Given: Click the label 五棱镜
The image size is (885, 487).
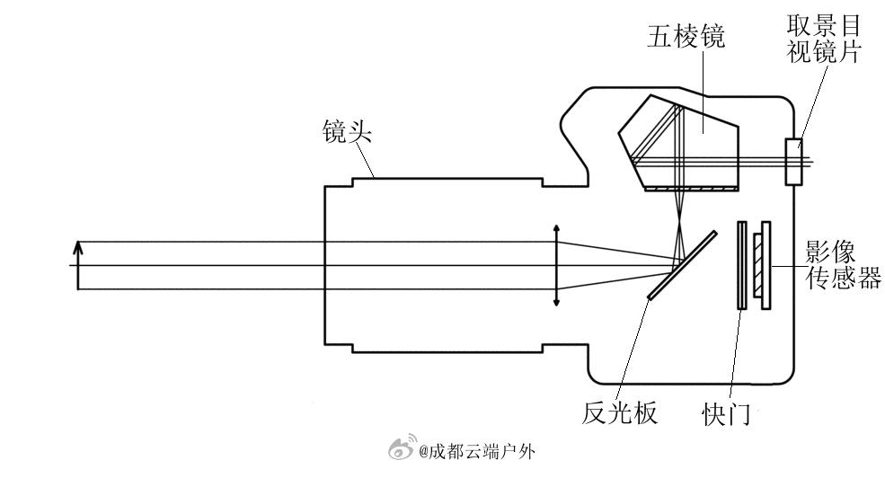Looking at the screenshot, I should pyautogui.click(x=686, y=37).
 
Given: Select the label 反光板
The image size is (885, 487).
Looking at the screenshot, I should pyautogui.click(x=620, y=412).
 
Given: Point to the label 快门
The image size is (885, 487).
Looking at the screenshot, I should pyautogui.click(x=725, y=415).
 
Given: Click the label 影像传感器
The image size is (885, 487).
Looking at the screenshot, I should pyautogui.click(x=842, y=265).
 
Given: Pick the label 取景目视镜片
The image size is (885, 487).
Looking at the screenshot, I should pyautogui.click(x=824, y=39).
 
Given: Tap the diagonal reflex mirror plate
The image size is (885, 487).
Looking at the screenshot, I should pyautogui.click(x=682, y=266).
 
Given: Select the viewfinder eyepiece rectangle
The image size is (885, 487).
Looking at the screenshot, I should pyautogui.click(x=793, y=162).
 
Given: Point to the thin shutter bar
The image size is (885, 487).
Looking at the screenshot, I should pyautogui.click(x=741, y=265).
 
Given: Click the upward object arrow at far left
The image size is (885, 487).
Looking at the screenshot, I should pyautogui.click(x=78, y=265).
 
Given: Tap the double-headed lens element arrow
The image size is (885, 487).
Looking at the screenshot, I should pyautogui.click(x=556, y=266).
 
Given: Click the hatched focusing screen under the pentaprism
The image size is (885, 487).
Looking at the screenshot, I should pyautogui.click(x=692, y=190).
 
